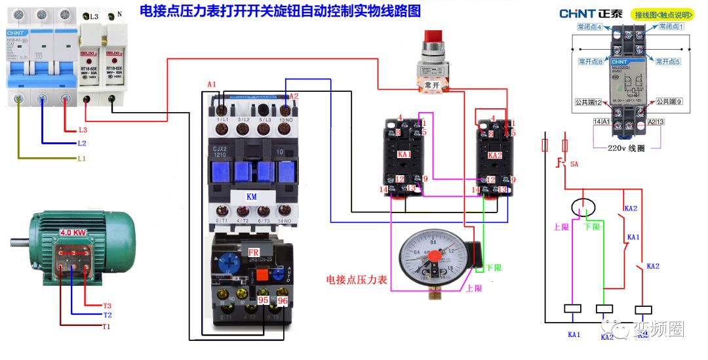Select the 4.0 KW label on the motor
click(73, 232)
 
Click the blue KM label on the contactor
click(252, 196)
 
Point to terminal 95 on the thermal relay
click(264, 300)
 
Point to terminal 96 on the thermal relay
click(283, 300)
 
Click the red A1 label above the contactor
click(211, 85)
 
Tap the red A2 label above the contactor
click(294, 96)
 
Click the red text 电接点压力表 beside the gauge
click(357, 279)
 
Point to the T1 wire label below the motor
click(106, 326)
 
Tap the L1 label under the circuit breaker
click(81, 159)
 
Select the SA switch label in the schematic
click(575, 164)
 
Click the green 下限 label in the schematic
click(592, 227)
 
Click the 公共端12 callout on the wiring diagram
click(589, 102)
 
